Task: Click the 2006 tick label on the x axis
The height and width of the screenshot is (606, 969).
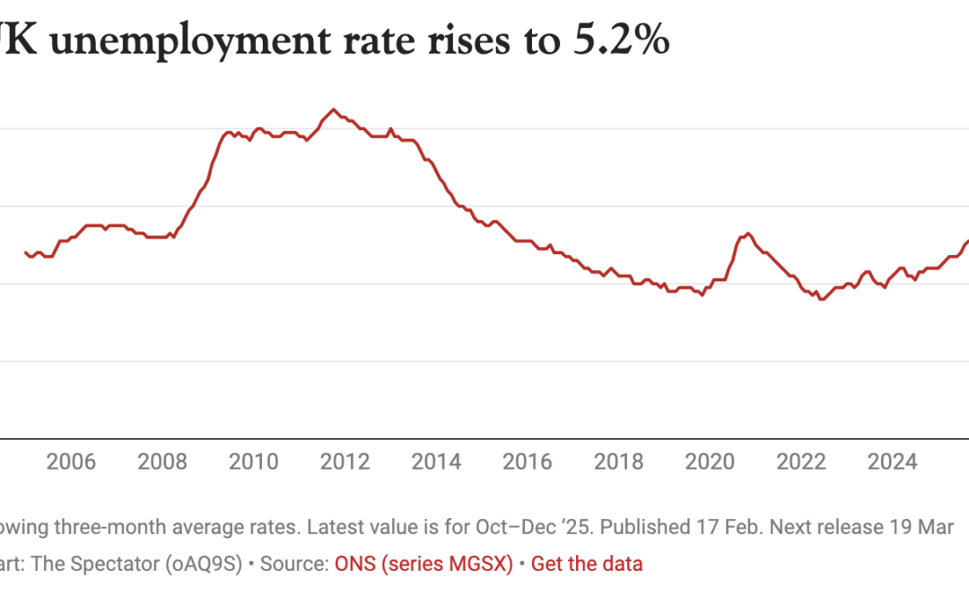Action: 71,462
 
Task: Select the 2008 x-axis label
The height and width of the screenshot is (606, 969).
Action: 162,462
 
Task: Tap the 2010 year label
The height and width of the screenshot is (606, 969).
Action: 254,462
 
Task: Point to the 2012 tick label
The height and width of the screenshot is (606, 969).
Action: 345,462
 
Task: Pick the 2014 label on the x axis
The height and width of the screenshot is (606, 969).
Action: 436,462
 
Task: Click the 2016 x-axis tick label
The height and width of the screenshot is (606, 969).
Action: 528,462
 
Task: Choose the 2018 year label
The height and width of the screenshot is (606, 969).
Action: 619,462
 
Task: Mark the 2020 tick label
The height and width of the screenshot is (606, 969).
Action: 710,462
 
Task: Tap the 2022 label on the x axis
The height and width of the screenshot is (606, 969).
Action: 801,462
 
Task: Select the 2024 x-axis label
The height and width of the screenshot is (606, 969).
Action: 893,462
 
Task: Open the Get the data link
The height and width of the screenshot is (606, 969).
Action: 587,564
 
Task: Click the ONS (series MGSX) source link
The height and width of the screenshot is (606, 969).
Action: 423,564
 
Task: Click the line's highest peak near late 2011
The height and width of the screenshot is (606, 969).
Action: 333,110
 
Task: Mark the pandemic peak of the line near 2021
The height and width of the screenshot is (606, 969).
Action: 747,233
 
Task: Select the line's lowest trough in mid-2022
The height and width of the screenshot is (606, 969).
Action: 821,299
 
